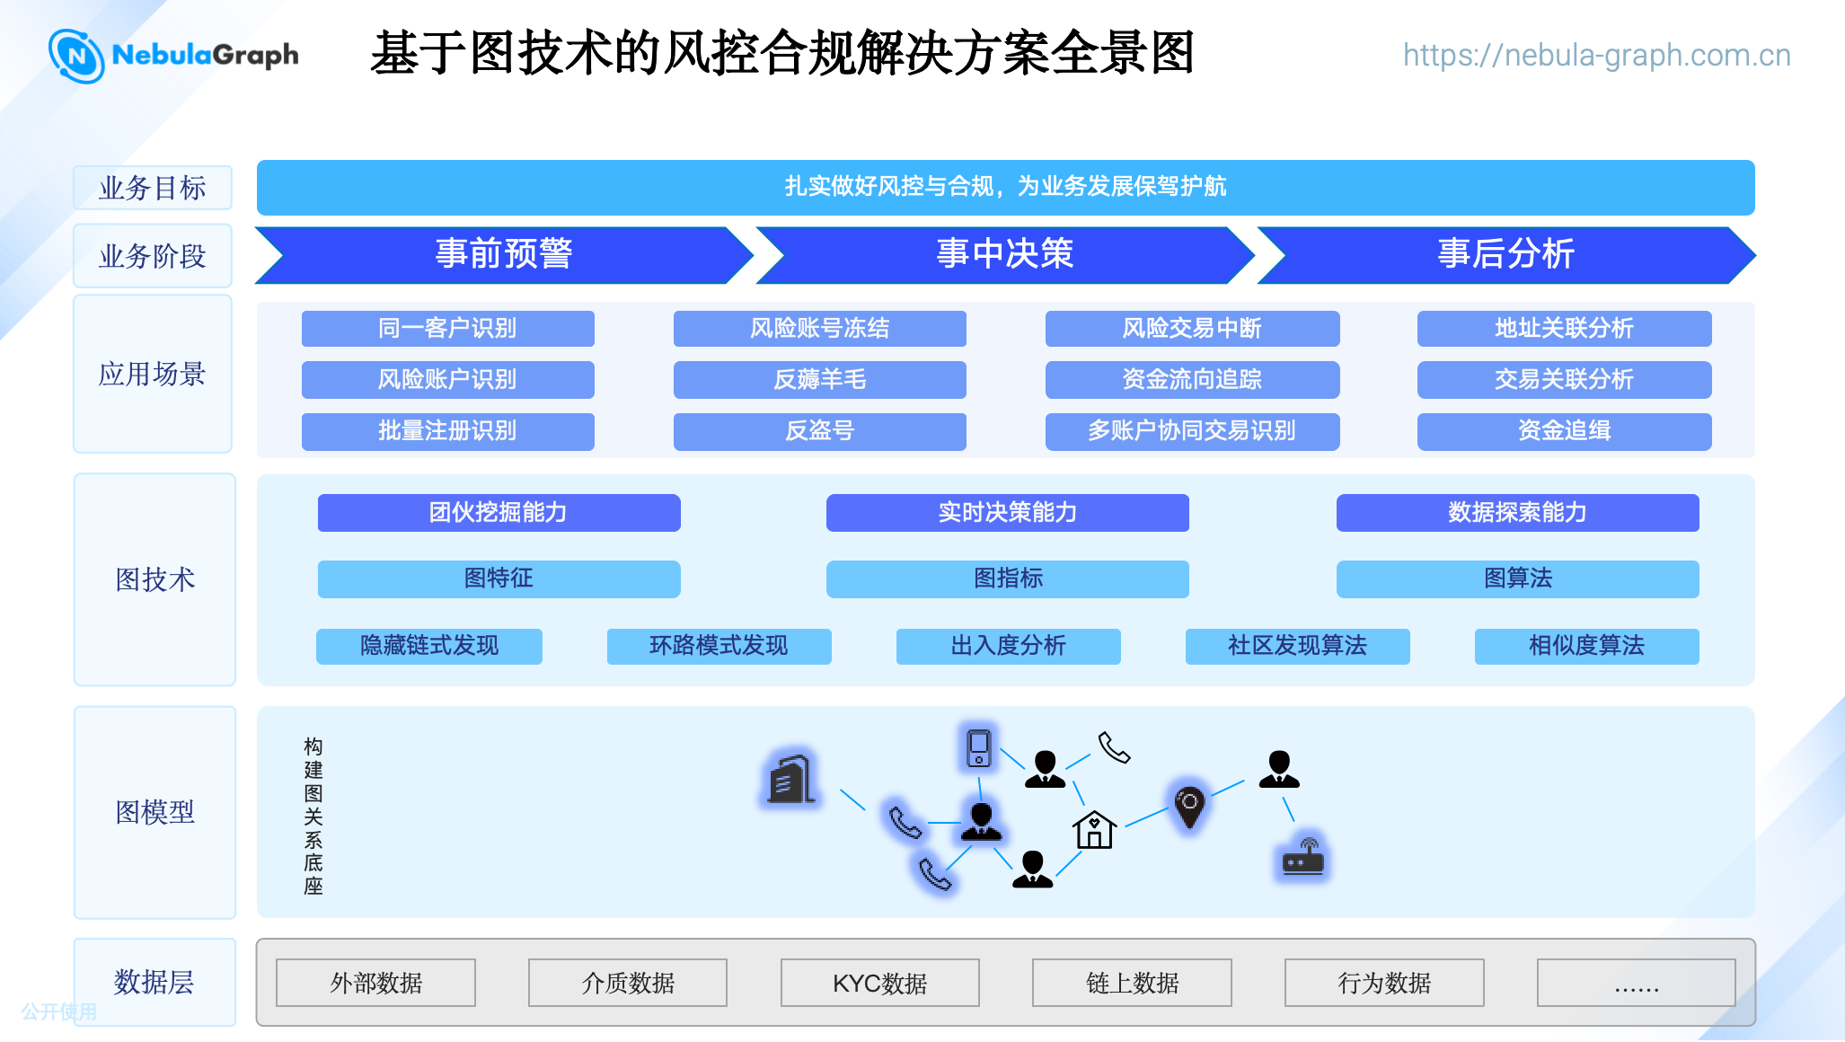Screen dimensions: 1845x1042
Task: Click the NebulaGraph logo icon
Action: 76,56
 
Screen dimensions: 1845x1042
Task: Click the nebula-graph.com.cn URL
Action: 1596,56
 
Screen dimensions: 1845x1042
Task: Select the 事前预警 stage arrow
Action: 504,255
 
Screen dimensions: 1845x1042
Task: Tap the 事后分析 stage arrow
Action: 1506,255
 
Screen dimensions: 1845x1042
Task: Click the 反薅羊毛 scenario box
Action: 820,379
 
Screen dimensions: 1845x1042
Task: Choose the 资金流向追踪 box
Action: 1192,379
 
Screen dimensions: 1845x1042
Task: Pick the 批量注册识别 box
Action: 447,431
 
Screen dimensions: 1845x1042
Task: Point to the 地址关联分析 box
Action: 1564,328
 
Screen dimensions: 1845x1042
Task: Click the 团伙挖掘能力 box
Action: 499,512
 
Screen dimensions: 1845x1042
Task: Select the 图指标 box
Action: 1008,578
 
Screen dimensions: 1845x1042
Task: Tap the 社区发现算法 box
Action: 1297,646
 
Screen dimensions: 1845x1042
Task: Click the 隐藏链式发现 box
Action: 429,646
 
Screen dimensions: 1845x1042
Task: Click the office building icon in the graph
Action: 791,778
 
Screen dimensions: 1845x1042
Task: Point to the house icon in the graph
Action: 1094,829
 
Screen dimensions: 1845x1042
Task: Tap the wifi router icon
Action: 1302,856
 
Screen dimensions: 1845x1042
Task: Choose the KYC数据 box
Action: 880,983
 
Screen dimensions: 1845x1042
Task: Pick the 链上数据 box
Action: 1132,983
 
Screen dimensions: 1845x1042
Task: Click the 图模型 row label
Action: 154,812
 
